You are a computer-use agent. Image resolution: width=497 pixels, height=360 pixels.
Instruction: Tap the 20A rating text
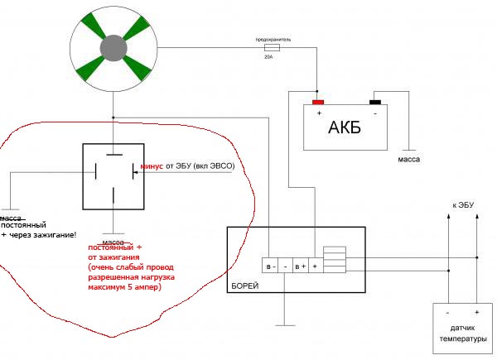pyautogui.click(x=268, y=58)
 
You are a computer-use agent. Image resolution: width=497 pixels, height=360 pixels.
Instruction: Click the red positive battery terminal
pyautogui.click(x=318, y=103)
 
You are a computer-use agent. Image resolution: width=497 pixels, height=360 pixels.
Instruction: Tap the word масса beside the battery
pyautogui.click(x=408, y=156)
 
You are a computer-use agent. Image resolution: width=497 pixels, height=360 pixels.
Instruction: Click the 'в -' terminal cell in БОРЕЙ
pyautogui.click(x=269, y=266)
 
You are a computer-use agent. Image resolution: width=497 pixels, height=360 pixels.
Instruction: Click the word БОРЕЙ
pyautogui.click(x=248, y=286)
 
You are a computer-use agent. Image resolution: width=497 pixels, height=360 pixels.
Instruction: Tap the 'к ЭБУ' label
pyautogui.click(x=463, y=204)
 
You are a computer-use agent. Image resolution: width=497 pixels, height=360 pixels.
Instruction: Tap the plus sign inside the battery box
pyautogui.click(x=318, y=113)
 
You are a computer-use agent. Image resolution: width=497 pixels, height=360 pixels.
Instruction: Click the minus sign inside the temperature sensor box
pyautogui.click(x=446, y=314)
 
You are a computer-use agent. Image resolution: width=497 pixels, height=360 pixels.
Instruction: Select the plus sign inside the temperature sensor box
pyautogui.click(x=476, y=314)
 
